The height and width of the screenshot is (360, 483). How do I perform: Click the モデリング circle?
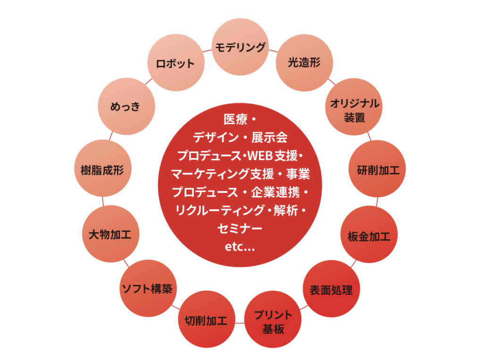[240, 47]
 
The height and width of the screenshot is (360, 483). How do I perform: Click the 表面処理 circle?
[331, 289]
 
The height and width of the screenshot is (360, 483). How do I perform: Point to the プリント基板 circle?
[273, 321]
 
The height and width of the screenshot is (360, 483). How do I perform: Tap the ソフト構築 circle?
[147, 287]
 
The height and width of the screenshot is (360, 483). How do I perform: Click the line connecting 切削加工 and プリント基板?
[239, 323]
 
